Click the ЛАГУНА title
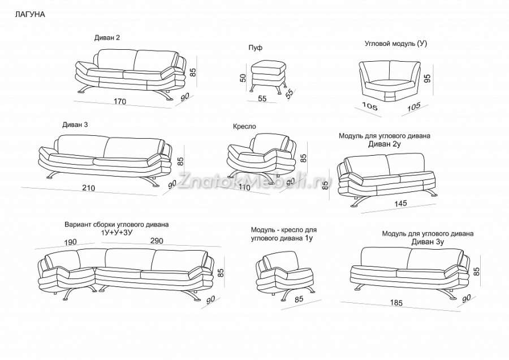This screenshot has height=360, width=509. tap(30, 15)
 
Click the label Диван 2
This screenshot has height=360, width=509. tap(107, 38)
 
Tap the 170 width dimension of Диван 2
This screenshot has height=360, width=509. tap(120, 101)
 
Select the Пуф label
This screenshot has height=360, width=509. tap(256, 48)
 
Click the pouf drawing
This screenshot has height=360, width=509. tap(269, 77)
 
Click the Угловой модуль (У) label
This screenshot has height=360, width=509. tap(396, 44)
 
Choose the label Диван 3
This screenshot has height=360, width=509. tap(75, 125)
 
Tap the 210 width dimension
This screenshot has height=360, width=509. tap(88, 188)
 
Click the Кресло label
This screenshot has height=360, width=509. tap(244, 126)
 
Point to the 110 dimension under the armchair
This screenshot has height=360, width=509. tap(244, 187)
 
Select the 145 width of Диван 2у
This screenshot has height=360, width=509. tap(400, 203)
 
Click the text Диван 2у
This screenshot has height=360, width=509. tap(385, 144)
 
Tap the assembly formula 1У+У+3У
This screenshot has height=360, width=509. tap(117, 232)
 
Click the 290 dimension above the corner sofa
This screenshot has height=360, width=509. tap(157, 241)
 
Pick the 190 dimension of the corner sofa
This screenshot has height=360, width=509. tap(71, 242)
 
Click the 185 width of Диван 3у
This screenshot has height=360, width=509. tap(396, 303)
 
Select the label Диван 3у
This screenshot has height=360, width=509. tap(428, 242)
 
